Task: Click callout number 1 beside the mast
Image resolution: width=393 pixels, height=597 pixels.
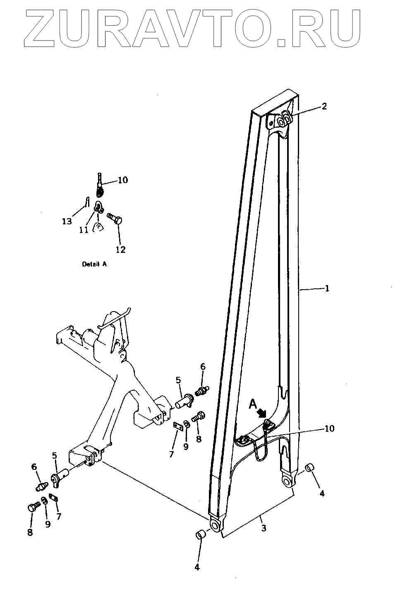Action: point(327,289)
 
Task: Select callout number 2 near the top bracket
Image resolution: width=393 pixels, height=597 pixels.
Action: point(324,106)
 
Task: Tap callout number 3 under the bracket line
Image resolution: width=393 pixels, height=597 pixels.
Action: point(264,528)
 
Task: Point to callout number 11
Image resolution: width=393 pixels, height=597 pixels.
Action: point(84,230)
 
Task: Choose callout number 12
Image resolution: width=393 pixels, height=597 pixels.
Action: point(120,249)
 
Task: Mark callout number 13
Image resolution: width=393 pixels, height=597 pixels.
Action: point(67,222)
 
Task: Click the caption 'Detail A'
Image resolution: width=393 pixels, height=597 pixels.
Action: point(94,264)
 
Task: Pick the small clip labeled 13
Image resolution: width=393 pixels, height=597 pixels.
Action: point(86,202)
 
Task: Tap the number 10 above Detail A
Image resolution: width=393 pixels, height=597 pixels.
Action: point(122,180)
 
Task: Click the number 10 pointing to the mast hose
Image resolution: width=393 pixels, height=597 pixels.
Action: point(329,428)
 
